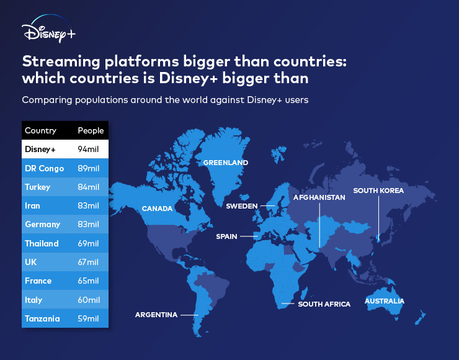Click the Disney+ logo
(x=48, y=29)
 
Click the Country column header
(x=40, y=130)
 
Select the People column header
(x=91, y=130)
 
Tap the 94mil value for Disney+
(x=88, y=150)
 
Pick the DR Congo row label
(x=45, y=168)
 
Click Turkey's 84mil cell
(x=89, y=187)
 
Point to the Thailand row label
(x=42, y=244)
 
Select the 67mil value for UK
(x=88, y=262)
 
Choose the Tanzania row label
(x=42, y=318)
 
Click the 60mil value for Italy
(x=89, y=300)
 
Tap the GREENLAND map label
(x=226, y=163)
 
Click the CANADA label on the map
(x=157, y=209)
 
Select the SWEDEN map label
(x=242, y=206)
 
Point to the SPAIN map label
(x=226, y=236)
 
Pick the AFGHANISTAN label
(x=319, y=197)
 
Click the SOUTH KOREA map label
(x=378, y=191)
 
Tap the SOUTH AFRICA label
(x=324, y=304)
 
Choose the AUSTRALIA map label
(x=385, y=301)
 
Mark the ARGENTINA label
(x=156, y=315)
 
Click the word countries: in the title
(x=310, y=61)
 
